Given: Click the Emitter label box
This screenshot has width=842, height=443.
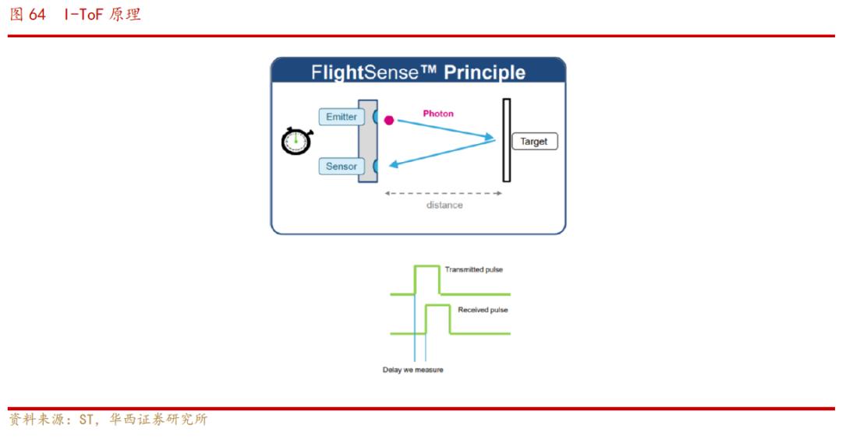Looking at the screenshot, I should coord(341,117).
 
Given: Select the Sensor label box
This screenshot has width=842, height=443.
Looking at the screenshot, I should coord(341,167).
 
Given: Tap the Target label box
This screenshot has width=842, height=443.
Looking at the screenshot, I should coord(534,142).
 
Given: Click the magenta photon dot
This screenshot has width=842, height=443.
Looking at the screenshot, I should coord(389,120).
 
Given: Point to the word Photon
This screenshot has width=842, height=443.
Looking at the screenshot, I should coord(438,114).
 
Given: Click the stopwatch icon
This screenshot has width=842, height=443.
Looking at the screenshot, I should coord(296,140).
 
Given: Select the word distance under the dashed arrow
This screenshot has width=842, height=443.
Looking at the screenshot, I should coord(444,205).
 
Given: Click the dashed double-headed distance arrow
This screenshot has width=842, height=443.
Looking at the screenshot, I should coord(443,193).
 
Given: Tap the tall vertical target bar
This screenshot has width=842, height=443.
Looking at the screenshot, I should coord(506,140).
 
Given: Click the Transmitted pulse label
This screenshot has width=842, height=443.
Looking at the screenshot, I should coord(474,269).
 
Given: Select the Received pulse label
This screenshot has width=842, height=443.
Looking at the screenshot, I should coord(483,310).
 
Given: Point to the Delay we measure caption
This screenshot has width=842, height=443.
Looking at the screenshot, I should coord(412,370).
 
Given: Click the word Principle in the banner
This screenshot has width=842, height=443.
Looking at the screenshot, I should coord(484,73).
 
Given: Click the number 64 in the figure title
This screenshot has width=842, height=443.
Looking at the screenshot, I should coord(37,15).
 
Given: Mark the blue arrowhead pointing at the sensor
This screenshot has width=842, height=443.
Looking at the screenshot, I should coord(394,164).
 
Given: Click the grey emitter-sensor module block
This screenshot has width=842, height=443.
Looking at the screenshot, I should coord(366,140).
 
